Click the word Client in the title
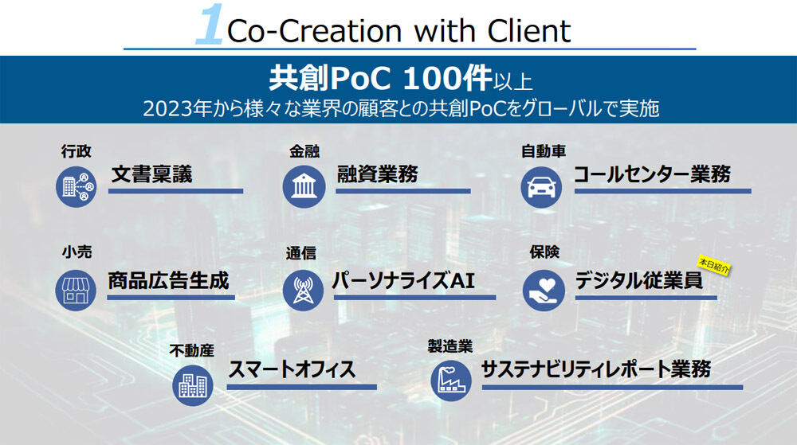click(528, 31)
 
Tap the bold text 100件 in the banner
click(447, 79)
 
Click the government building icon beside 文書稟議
click(77, 187)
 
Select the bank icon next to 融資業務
click(304, 187)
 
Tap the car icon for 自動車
click(541, 187)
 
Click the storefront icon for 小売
click(76, 290)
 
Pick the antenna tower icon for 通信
click(303, 290)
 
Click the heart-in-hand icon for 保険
click(544, 290)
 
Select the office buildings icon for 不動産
click(193, 385)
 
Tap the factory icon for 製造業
click(451, 381)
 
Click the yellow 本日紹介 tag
click(713, 265)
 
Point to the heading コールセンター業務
click(652, 174)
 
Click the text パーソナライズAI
click(403, 280)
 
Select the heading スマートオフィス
click(292, 369)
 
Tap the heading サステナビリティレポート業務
click(595, 369)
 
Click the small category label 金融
click(304, 151)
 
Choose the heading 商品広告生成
click(168, 280)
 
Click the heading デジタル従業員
click(639, 280)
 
